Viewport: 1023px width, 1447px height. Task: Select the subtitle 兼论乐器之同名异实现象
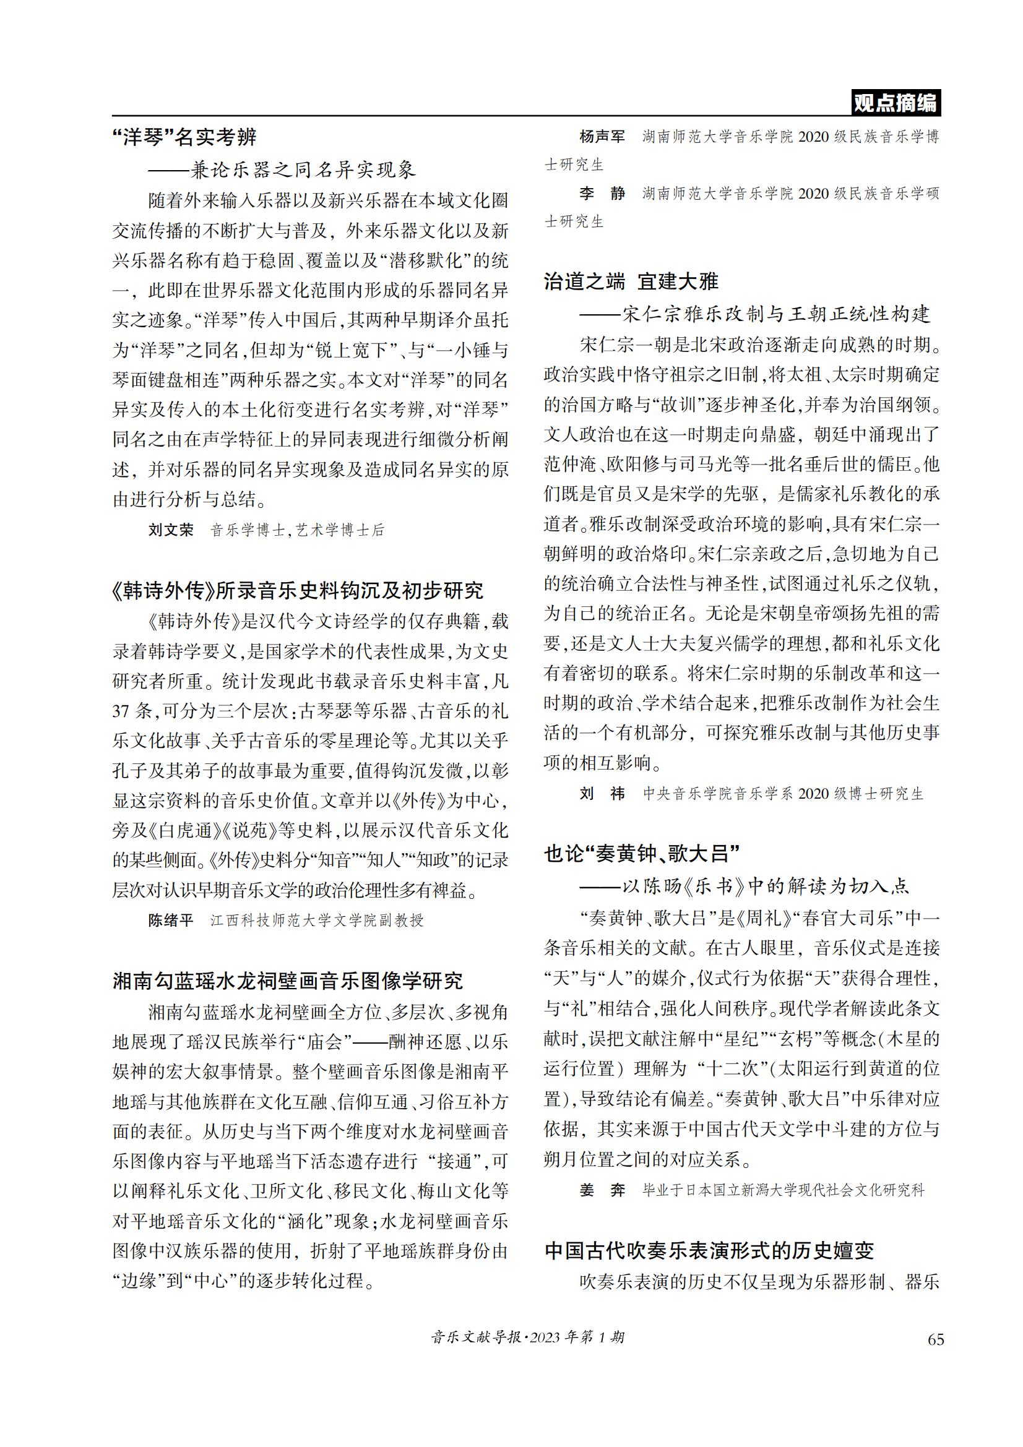[303, 170]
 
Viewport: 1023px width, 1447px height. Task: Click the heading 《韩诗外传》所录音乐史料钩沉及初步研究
[298, 591]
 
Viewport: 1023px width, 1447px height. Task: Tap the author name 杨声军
[602, 137]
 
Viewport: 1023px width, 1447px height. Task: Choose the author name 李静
[602, 194]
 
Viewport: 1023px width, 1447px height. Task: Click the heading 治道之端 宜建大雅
[631, 281]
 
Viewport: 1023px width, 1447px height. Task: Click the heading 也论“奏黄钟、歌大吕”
[641, 854]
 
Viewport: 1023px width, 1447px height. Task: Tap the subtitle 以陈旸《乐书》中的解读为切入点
[766, 886]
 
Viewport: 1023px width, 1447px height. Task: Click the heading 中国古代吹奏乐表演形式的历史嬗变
[709, 1251]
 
